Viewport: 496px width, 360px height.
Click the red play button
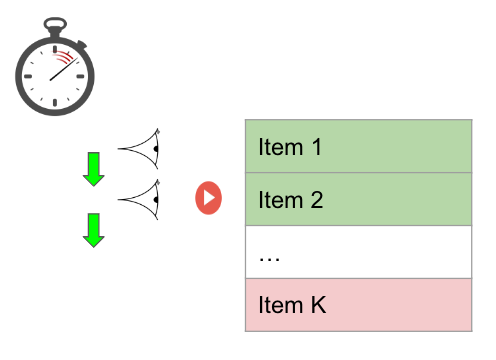(208, 198)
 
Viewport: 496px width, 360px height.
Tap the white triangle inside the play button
(209, 198)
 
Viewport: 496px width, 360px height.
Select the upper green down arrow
(94, 169)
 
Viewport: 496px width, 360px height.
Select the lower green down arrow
(94, 230)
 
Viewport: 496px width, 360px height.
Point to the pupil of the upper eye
(156, 149)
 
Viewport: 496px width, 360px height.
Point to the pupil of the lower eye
(156, 200)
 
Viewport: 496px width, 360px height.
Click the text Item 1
(290, 147)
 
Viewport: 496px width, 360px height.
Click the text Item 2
(291, 200)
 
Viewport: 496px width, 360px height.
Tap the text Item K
(292, 305)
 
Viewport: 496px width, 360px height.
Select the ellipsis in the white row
(269, 259)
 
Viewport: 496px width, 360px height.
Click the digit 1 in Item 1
(317, 147)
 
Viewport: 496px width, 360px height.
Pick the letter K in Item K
(319, 305)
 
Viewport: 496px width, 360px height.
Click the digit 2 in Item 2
(317, 200)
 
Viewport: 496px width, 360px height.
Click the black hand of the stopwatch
(64, 69)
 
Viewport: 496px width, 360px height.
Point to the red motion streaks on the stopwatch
(63, 57)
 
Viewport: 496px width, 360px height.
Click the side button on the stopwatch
(81, 44)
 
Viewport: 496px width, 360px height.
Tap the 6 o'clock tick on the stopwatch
(55, 102)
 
